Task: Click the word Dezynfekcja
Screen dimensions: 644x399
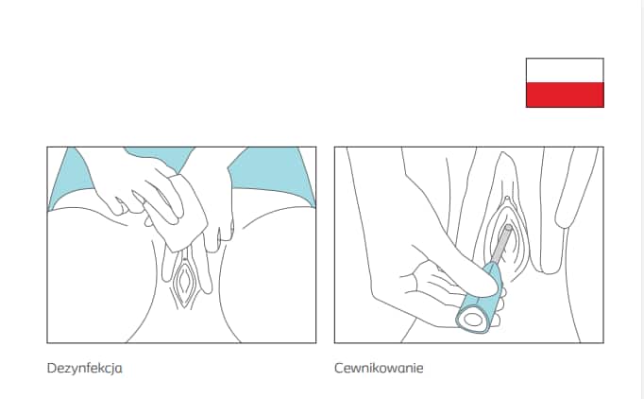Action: (x=85, y=368)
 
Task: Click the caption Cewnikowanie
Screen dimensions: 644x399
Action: (x=379, y=368)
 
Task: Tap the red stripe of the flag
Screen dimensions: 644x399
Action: (x=565, y=95)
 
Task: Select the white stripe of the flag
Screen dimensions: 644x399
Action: (x=565, y=70)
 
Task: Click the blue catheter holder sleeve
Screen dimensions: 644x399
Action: (x=481, y=301)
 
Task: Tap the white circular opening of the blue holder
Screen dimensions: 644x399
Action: (x=471, y=319)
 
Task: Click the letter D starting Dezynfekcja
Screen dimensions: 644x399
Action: (x=52, y=368)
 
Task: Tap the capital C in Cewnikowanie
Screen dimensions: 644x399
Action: (x=339, y=368)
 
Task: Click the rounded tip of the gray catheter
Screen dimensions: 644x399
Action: (x=508, y=228)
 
